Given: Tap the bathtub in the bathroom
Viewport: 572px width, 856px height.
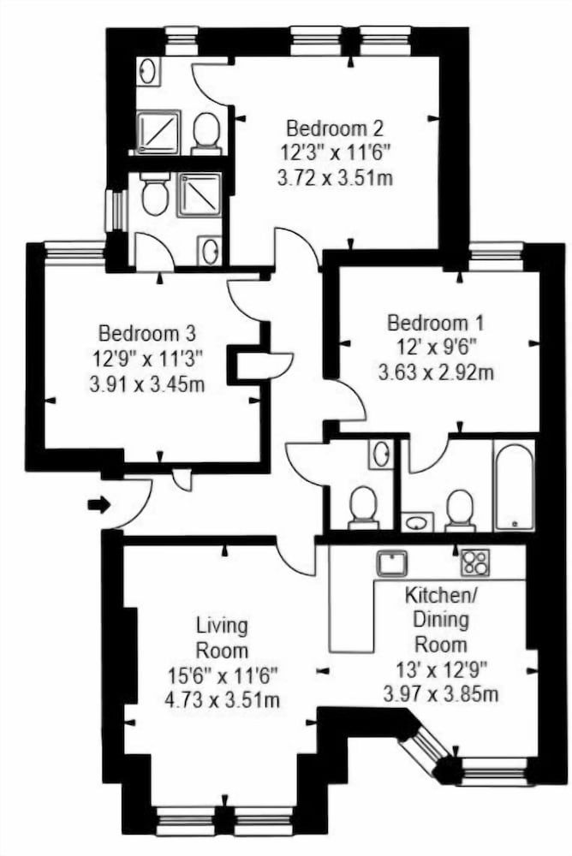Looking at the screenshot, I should (x=514, y=485).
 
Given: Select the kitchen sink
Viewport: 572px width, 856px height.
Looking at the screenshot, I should (x=392, y=563).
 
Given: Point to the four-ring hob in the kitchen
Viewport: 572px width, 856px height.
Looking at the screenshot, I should (x=474, y=562).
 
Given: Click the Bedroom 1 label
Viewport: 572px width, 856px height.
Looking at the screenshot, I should (x=436, y=324).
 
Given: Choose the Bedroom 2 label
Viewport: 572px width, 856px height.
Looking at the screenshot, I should (x=334, y=129).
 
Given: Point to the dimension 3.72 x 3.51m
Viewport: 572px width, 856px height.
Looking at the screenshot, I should (x=334, y=179).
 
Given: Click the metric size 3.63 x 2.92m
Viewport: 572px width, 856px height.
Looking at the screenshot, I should (x=437, y=372).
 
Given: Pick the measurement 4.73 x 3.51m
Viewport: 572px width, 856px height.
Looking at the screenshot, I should (x=222, y=700).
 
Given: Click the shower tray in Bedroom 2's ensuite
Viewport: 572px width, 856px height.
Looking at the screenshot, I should (x=158, y=131).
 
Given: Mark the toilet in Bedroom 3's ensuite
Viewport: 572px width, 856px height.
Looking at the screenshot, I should (x=154, y=197).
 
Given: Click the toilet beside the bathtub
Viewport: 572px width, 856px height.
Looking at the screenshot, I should (x=461, y=507).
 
